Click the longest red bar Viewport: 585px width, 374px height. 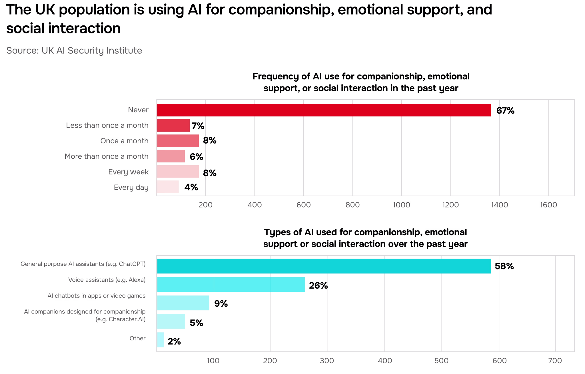pos(324,110)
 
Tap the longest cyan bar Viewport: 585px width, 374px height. pos(324,266)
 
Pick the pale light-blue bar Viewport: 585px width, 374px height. pos(161,340)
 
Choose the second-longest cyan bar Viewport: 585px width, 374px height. pos(231,284)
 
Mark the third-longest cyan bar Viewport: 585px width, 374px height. pos(183,303)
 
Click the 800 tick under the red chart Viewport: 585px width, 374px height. pos(353,205)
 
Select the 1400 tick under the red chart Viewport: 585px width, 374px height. pos(500,205)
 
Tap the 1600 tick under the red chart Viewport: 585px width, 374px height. pos(548,205)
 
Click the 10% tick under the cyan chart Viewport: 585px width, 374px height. pos(214,361)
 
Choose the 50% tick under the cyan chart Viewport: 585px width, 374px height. pos(442,361)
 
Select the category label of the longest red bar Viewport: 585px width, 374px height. pos(138,110)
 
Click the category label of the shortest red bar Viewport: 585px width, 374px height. pos(131,188)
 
